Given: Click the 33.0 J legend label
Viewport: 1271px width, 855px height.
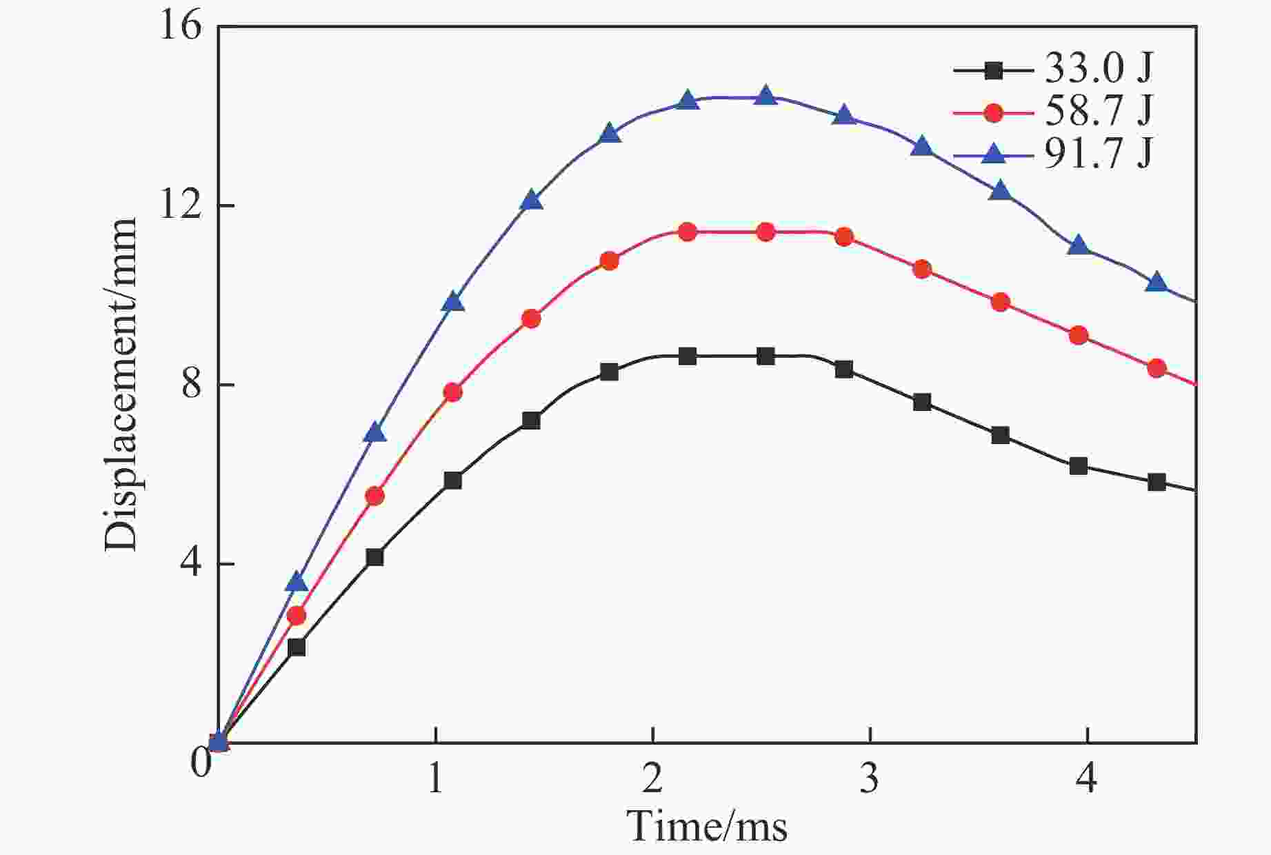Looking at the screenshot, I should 1098,69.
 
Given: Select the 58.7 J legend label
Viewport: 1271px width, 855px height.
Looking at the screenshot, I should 1098,112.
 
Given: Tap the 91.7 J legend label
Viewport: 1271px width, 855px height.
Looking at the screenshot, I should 1098,154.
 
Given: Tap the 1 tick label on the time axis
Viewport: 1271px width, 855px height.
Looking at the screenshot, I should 435,779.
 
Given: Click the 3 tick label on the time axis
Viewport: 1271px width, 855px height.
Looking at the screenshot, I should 870,779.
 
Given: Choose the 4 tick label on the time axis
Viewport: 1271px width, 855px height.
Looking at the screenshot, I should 1087,779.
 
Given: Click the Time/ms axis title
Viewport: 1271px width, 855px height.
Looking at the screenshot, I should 708,826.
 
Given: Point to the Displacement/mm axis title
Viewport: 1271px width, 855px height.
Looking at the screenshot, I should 121,385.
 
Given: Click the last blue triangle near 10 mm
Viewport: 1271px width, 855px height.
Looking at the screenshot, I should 1157,282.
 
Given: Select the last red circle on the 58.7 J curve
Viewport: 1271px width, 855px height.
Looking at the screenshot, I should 1157,369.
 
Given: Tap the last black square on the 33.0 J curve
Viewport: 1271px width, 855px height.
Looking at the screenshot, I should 1157,483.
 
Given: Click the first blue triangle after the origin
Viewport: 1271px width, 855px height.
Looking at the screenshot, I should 297,582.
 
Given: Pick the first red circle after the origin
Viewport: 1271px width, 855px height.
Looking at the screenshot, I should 297,616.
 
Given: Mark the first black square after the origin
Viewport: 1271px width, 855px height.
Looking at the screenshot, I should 297,647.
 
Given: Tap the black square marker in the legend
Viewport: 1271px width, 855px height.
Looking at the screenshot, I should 994,70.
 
